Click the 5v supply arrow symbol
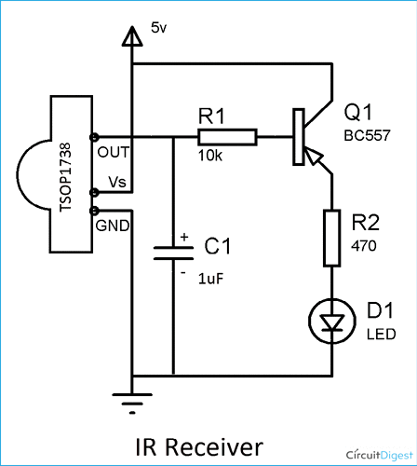tap(133, 35)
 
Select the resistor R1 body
tap(227, 137)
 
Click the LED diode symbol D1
tap(333, 322)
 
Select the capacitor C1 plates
tap(173, 254)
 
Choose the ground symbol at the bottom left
tap(133, 402)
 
